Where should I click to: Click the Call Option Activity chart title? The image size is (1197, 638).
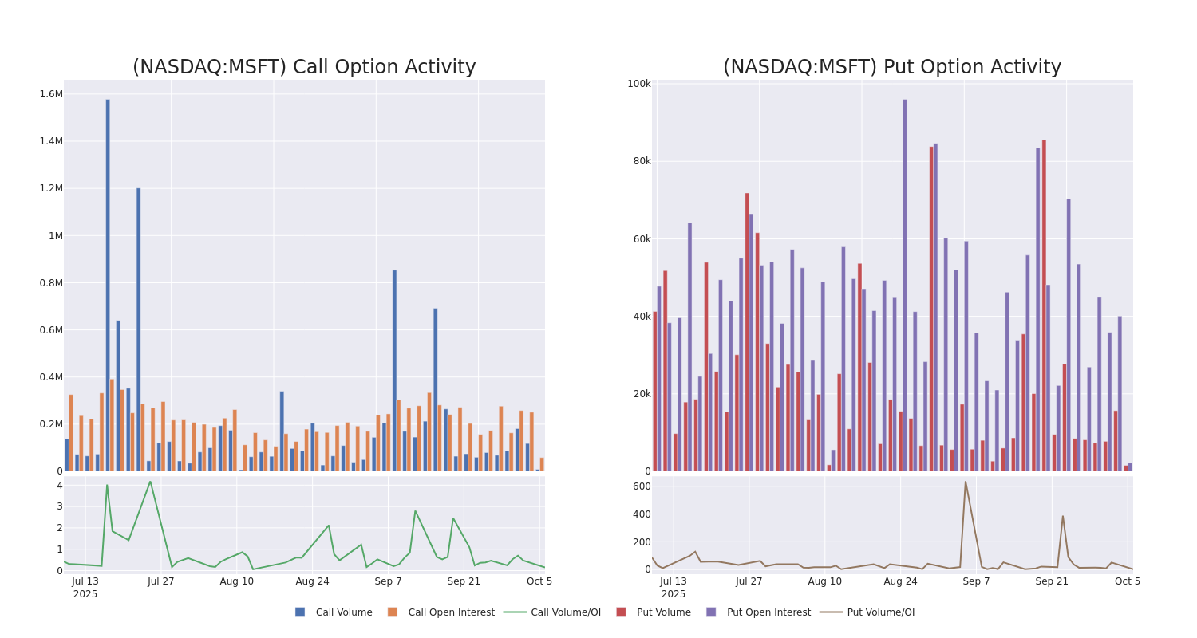tap(304, 67)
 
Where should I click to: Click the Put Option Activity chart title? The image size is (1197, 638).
tap(891, 67)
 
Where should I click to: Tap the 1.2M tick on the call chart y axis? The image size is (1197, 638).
tap(50, 188)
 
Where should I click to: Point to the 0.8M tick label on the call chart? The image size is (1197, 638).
tap(50, 282)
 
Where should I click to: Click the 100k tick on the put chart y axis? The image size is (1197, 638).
tap(638, 84)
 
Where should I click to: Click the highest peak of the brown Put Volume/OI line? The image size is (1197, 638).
tap(965, 482)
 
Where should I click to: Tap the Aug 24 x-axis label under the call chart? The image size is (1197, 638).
tap(312, 581)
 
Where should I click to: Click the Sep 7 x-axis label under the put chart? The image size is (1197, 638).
tap(976, 581)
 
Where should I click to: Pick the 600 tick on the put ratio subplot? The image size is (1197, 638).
tap(642, 486)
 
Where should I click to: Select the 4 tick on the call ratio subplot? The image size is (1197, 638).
tap(59, 486)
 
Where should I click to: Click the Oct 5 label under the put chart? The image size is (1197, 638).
tap(1127, 581)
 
